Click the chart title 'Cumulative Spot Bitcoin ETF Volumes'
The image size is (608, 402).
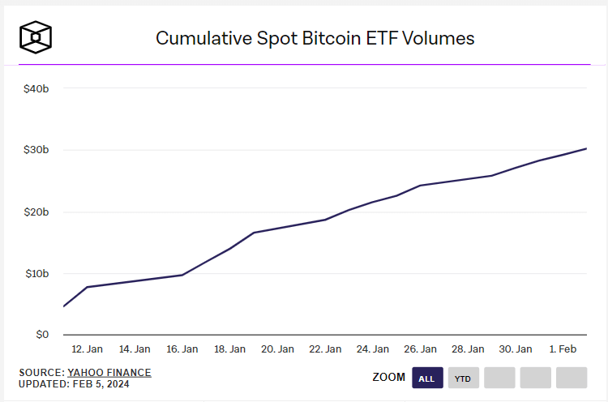tap(315, 38)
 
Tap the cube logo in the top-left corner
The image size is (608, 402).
tap(36, 37)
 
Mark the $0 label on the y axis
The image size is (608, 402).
tap(41, 335)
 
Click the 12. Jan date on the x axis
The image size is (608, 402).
tap(87, 349)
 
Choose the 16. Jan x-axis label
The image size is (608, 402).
tap(182, 349)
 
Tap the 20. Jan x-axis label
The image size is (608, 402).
tap(277, 349)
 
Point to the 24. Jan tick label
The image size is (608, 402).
tap(373, 349)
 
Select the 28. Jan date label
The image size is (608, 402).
tap(468, 349)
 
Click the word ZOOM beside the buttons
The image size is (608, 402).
tap(388, 378)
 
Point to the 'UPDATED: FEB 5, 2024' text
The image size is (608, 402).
tap(74, 383)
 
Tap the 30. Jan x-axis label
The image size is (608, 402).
tap(516, 349)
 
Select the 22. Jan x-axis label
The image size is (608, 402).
tap(325, 349)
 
